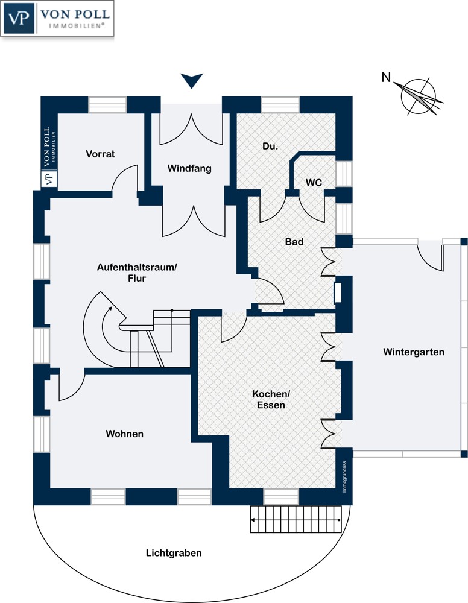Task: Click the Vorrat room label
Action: [100, 154]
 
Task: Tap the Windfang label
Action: [189, 168]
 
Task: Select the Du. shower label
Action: [270, 146]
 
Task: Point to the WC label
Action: [314, 183]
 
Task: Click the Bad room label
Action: [294, 242]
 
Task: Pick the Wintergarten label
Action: [414, 352]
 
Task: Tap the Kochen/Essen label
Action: [271, 399]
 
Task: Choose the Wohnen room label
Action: [125, 434]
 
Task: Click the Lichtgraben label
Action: [174, 553]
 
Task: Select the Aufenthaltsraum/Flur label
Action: [137, 273]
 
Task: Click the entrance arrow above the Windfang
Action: [192, 81]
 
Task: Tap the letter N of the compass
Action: [386, 77]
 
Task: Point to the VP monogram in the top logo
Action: [19, 19]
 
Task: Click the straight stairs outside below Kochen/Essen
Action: [296, 520]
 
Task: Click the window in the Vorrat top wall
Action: [108, 104]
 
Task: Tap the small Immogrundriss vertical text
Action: [344, 477]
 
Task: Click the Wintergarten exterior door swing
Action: [431, 256]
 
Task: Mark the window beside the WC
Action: [344, 174]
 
